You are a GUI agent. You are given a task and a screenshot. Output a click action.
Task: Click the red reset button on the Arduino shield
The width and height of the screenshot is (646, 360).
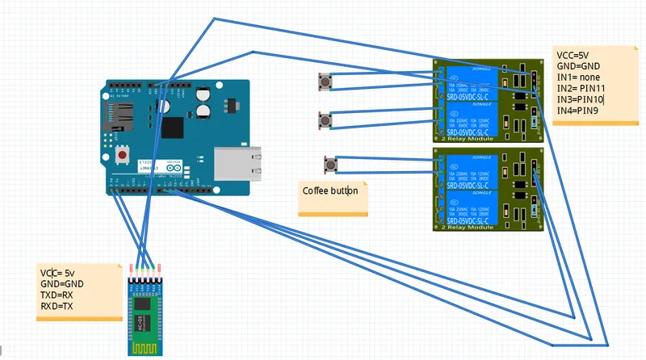[123, 153]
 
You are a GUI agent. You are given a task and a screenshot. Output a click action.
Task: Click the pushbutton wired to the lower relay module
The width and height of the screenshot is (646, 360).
[329, 165]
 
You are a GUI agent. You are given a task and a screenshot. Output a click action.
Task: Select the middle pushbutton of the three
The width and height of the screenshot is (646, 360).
[325, 120]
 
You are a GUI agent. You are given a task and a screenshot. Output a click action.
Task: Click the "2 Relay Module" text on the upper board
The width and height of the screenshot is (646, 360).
[467, 140]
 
